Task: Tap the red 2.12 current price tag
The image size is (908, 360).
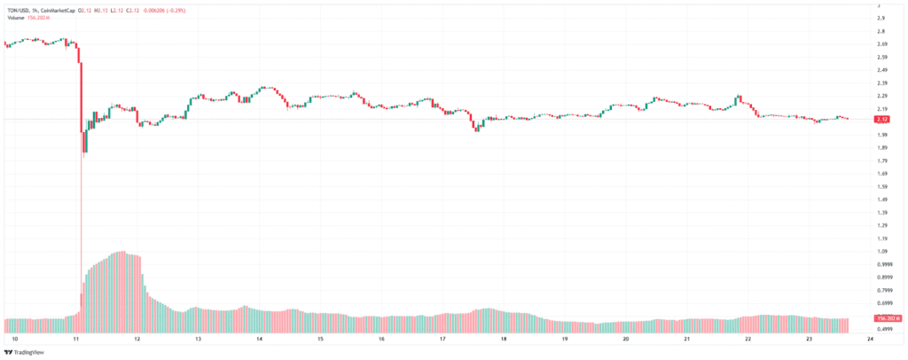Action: tap(882, 120)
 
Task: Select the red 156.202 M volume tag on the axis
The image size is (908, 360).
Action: tap(885, 317)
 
